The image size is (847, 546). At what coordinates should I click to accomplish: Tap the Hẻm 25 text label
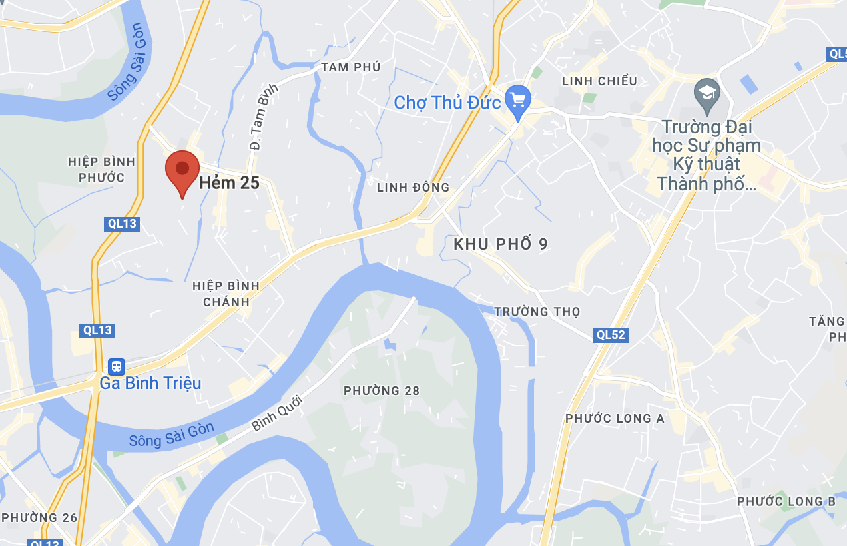tap(230, 183)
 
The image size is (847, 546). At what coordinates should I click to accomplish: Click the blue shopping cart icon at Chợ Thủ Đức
tap(517, 101)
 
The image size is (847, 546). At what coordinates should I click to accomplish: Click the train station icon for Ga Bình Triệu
tap(117, 366)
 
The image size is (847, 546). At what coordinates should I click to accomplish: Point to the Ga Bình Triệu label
tap(150, 384)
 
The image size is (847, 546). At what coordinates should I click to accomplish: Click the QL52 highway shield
tap(611, 335)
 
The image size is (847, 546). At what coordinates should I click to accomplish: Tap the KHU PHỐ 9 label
tap(501, 244)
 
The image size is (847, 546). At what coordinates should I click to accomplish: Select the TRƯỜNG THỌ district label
tap(537, 312)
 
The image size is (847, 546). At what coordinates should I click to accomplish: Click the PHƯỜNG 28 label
tap(382, 391)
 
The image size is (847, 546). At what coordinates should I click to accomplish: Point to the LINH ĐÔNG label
tap(414, 188)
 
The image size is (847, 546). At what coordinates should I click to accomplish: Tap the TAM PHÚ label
tap(350, 67)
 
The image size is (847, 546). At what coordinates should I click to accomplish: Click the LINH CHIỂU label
tap(599, 81)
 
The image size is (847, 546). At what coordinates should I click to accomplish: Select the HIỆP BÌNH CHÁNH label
tap(226, 294)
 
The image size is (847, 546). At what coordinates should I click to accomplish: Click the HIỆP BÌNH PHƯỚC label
tap(101, 170)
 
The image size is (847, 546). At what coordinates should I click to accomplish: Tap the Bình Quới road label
tap(277, 413)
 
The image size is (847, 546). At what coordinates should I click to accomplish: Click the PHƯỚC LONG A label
tap(615, 419)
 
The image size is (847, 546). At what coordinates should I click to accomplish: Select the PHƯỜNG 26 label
tap(39, 518)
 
